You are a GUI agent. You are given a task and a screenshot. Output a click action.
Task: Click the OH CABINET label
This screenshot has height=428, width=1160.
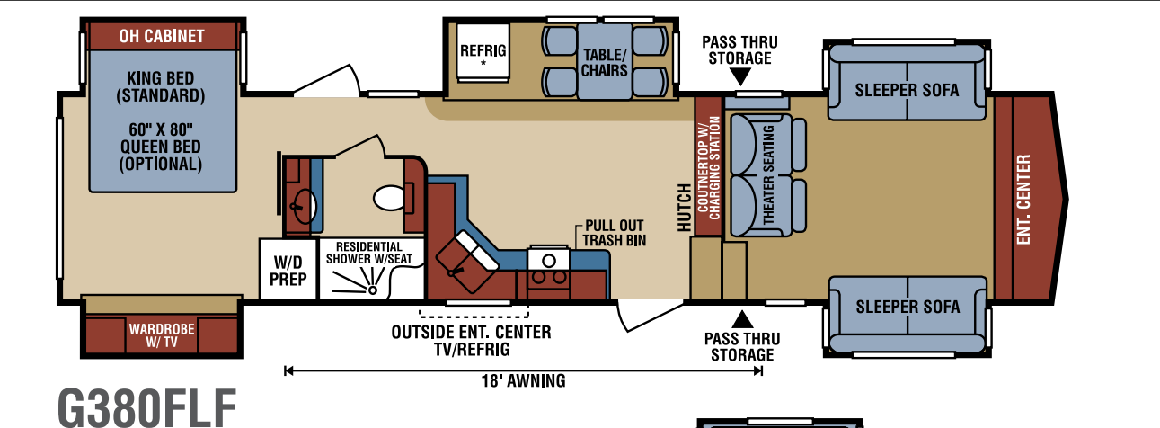point(162,36)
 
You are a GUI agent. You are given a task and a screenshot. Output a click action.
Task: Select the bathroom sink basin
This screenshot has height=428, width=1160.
point(305,206)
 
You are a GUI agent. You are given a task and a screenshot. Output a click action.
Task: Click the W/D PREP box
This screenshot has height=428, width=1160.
point(288,269)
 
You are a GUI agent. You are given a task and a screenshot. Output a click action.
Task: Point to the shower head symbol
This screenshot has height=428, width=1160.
point(372,290)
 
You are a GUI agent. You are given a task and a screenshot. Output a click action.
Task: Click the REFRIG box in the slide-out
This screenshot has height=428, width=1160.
point(483,53)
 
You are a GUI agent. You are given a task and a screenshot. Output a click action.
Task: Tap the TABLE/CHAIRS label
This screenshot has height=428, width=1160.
point(605,62)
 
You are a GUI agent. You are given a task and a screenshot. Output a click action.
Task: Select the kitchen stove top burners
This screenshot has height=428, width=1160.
point(549,277)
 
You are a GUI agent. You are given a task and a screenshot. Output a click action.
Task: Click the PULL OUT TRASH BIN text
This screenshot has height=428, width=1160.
point(615,233)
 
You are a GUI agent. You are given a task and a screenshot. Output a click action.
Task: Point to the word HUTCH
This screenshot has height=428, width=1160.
point(684,208)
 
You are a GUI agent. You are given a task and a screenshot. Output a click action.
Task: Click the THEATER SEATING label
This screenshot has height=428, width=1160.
point(768,174)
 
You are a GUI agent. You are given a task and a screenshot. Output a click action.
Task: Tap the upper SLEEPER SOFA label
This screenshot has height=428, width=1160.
point(907,90)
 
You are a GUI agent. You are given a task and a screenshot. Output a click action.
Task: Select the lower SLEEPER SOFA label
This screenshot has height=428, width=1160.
point(908,307)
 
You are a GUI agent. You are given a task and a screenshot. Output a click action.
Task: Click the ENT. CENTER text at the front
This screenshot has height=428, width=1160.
point(1023,200)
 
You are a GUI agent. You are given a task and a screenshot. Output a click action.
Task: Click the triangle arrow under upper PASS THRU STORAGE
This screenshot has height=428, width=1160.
point(740,76)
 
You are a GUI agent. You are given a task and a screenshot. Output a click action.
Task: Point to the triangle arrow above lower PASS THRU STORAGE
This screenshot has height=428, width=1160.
point(742,319)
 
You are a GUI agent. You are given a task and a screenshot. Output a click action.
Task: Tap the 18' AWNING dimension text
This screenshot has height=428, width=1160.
point(524,381)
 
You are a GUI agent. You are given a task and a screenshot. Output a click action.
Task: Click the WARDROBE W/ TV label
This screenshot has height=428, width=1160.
point(162,335)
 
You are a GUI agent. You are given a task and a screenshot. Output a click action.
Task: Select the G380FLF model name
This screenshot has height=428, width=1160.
point(147,409)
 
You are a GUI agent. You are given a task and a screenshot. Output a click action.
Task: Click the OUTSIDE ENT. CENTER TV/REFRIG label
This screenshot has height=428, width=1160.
point(471,341)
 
